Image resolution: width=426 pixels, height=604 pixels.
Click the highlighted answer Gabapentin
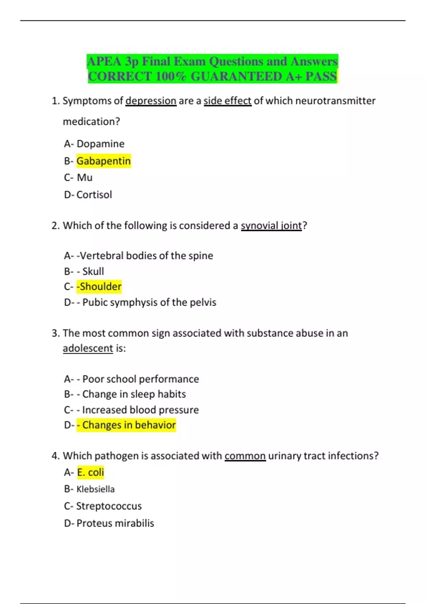tap(103, 161)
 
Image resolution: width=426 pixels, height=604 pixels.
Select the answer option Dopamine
tap(100, 144)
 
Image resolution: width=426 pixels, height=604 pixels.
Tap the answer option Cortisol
tap(94, 195)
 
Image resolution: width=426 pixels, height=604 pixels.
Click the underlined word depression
tap(151, 101)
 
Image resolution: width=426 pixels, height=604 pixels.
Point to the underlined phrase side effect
tap(227, 101)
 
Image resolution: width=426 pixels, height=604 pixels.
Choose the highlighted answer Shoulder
tap(99, 286)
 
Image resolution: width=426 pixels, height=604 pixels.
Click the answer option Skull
tap(93, 271)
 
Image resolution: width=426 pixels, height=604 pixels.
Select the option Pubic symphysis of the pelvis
tap(149, 302)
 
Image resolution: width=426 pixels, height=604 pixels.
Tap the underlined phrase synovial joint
tap(271, 226)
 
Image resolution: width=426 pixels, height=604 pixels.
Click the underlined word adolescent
tap(88, 348)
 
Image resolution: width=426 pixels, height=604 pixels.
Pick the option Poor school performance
tap(141, 379)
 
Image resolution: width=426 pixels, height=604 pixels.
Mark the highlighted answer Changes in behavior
tap(129, 425)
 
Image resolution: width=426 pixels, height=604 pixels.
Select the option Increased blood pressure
tap(140, 410)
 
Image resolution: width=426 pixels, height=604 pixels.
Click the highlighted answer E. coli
tap(91, 473)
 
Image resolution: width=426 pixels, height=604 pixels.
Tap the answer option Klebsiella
tap(95, 489)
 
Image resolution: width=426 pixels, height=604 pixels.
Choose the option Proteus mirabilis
tap(115, 523)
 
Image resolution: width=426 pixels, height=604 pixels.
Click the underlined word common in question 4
tap(245, 456)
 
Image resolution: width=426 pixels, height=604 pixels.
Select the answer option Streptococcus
tap(109, 506)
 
